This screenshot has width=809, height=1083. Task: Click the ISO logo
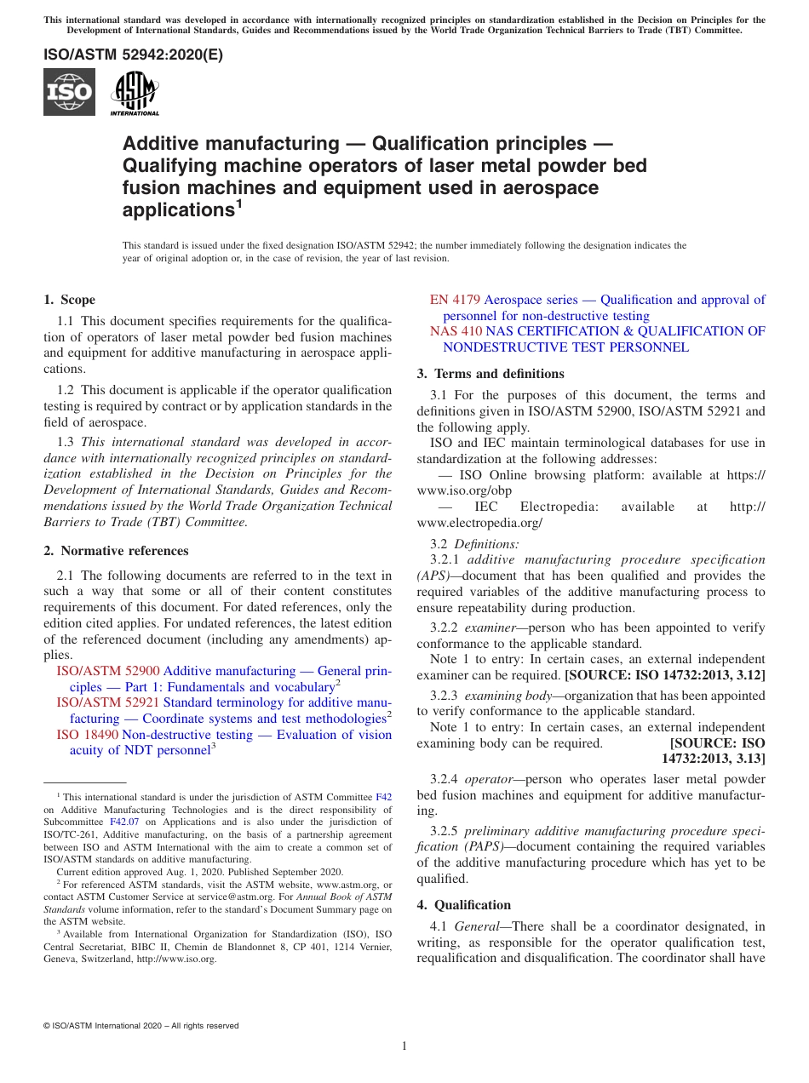tap(69, 92)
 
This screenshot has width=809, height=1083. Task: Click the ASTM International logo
tap(135, 93)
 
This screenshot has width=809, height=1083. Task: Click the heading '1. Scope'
tap(69, 300)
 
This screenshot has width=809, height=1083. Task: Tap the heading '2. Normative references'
tap(116, 551)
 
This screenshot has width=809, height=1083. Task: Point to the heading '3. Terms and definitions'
tap(491, 374)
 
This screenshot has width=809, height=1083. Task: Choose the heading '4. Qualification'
tap(464, 905)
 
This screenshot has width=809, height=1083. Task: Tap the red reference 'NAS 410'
tap(456, 331)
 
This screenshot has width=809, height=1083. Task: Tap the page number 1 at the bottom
tap(404, 1046)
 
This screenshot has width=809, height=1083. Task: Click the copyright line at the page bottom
tap(141, 1026)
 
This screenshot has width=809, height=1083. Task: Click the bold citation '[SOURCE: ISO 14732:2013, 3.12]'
tap(664, 675)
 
